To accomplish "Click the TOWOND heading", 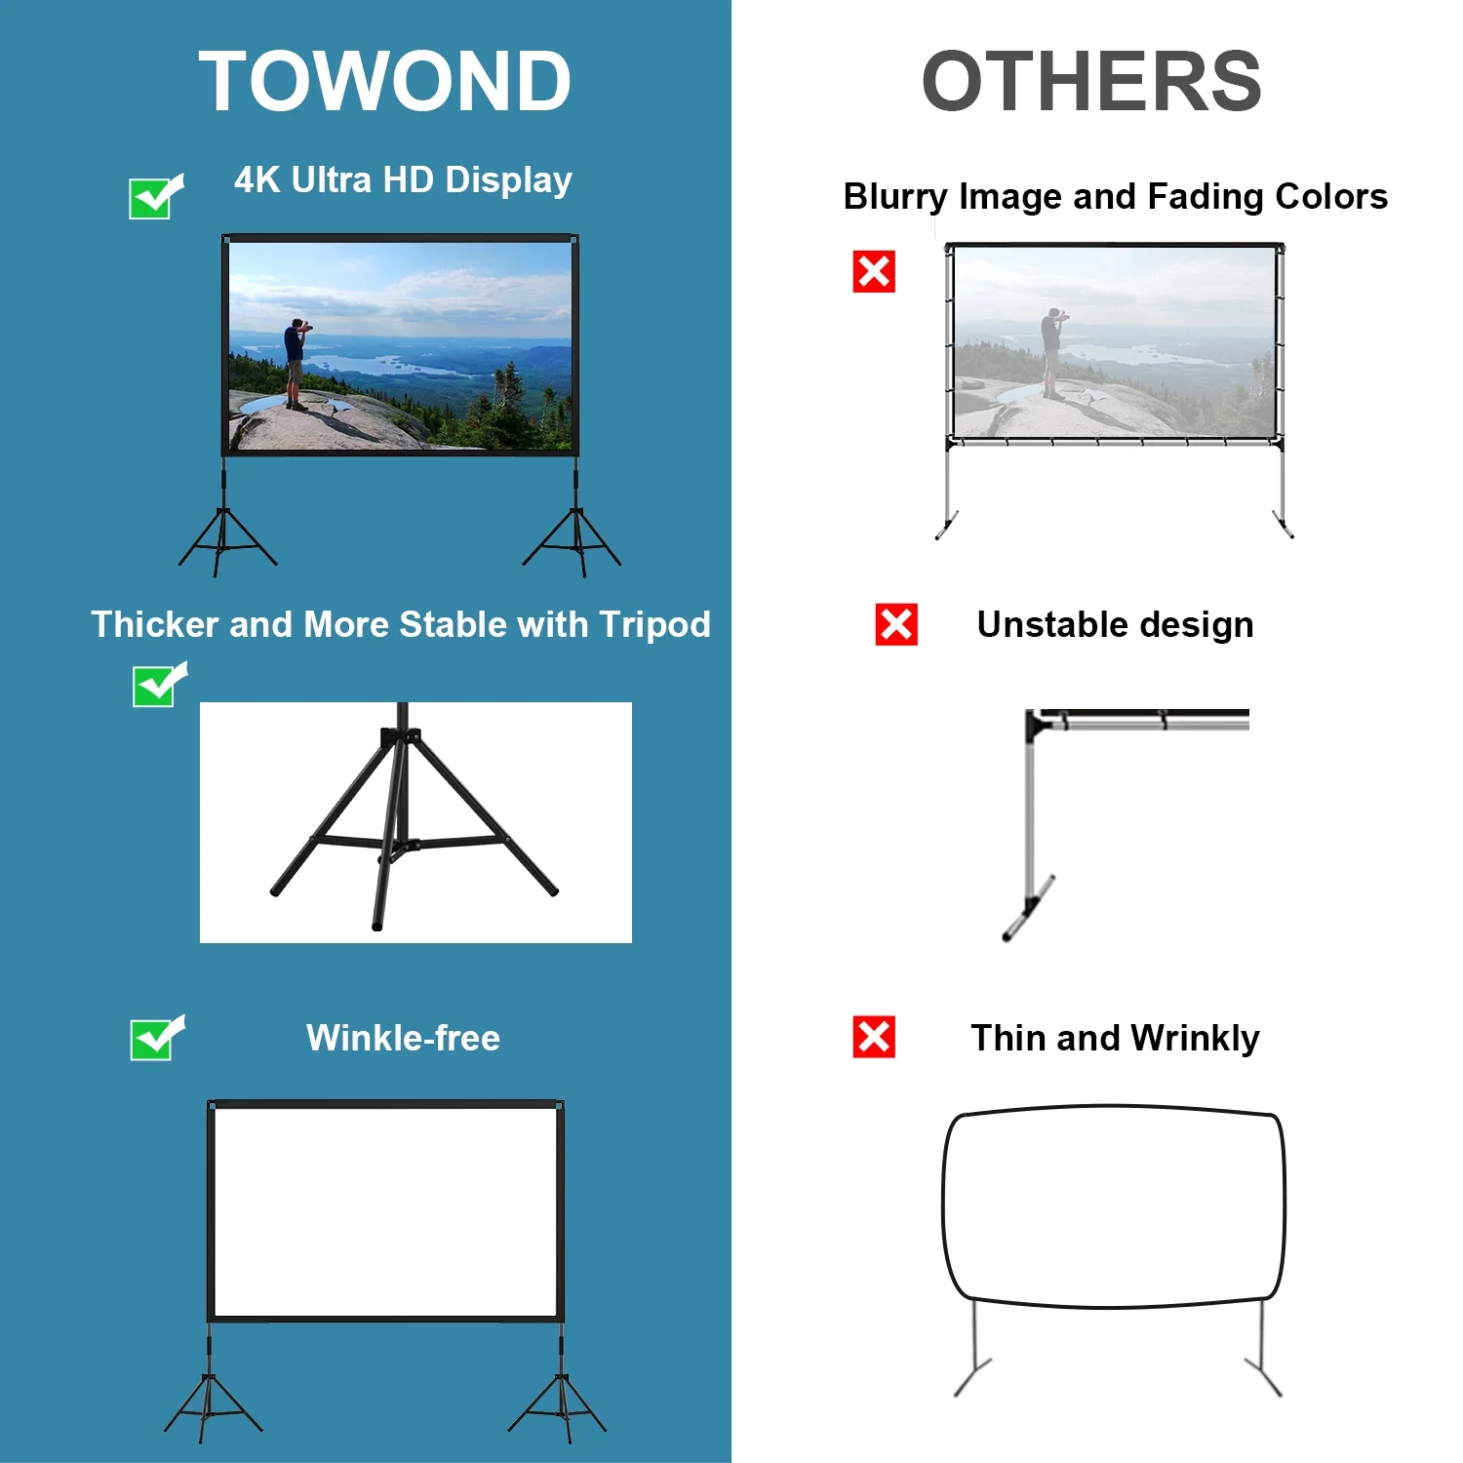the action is tap(385, 81).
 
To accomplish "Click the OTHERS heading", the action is tap(1091, 81).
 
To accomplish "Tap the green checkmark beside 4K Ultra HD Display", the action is tap(156, 197).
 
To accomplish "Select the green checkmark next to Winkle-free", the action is tap(157, 1039).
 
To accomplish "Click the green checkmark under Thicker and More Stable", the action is tap(159, 685).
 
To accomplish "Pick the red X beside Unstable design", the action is tap(896, 624).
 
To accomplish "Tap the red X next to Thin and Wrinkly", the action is tap(874, 1037).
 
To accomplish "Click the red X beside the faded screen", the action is tap(874, 272).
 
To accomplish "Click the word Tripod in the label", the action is tap(655, 625).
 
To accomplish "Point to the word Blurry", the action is tap(895, 197).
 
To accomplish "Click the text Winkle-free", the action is tap(403, 1038).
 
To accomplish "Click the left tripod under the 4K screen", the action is tap(226, 527).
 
